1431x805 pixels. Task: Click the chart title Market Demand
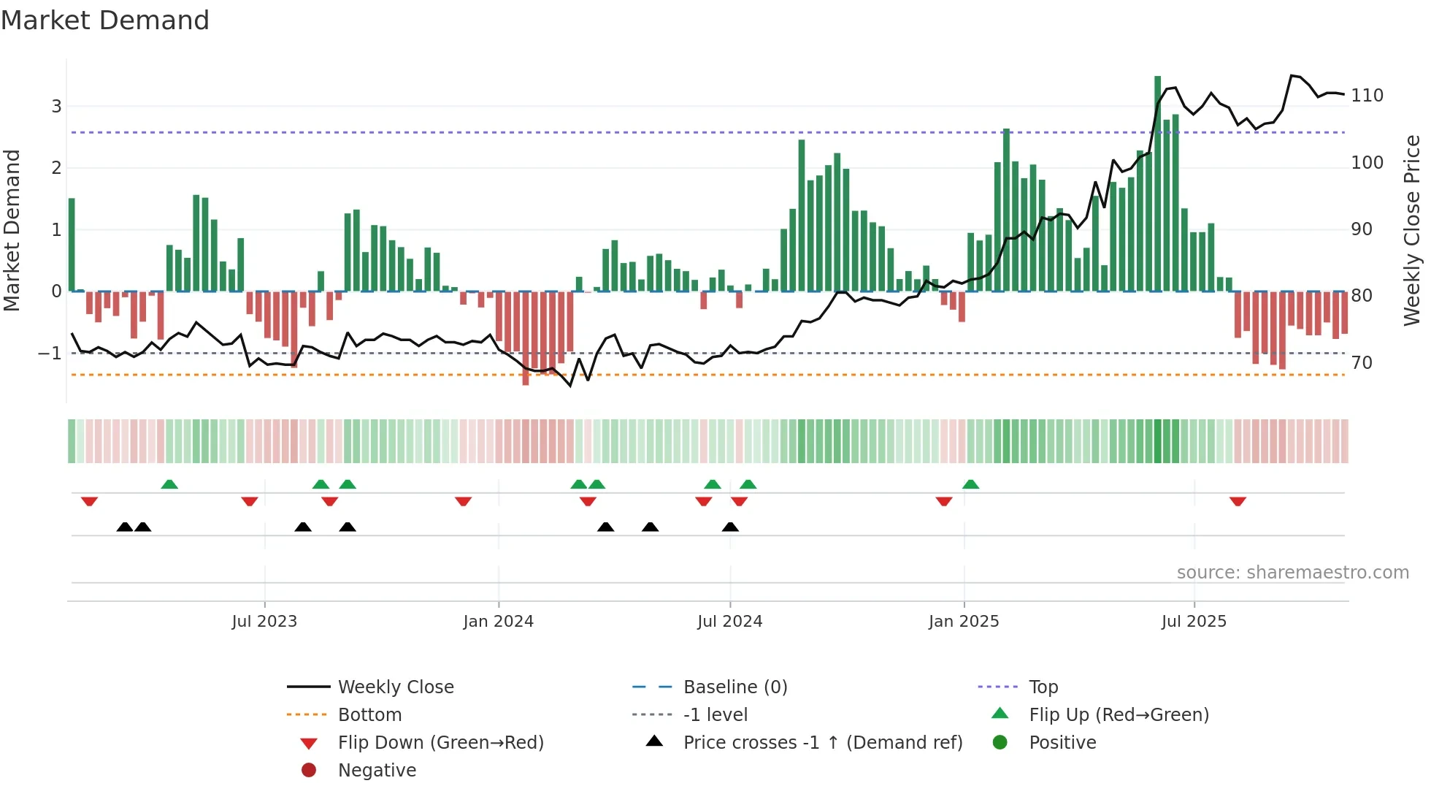point(105,20)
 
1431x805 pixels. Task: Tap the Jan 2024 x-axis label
point(498,622)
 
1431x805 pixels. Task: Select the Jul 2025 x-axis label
point(1194,622)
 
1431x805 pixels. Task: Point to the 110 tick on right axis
point(1367,96)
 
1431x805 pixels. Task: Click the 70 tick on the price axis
point(1362,363)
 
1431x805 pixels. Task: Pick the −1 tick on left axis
point(50,354)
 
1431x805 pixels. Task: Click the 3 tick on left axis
point(56,107)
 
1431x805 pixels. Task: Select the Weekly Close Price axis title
point(1412,230)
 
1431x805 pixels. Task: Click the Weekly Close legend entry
point(395,687)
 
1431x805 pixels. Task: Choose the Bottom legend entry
point(369,715)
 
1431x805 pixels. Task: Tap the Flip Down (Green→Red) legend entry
point(440,743)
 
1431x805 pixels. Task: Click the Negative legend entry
point(377,771)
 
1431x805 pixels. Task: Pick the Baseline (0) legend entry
point(734,687)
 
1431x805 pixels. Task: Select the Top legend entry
point(1043,687)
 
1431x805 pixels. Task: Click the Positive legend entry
point(1062,743)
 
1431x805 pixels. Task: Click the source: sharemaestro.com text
point(1292,573)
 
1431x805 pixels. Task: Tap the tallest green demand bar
point(1157,183)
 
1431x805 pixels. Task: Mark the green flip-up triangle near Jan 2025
point(970,484)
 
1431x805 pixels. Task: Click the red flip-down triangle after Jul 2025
point(1238,502)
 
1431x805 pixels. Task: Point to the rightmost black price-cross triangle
point(730,527)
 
